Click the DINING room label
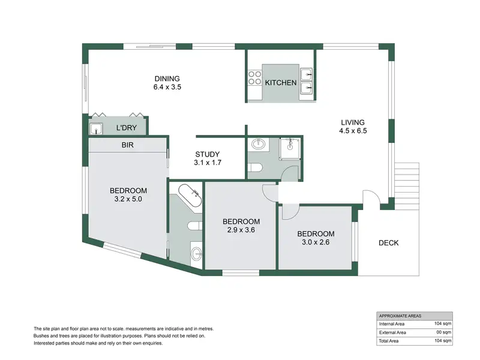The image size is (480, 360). tap(167, 79)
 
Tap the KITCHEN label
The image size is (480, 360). tap(281, 83)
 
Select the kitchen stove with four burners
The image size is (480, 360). tap(254, 78)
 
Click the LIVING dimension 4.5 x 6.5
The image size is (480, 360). tap(353, 131)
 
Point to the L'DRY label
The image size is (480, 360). tap(127, 128)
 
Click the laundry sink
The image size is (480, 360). tap(96, 128)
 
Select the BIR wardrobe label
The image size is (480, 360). tap(127, 145)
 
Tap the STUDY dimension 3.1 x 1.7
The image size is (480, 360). tap(208, 163)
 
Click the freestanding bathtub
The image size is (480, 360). tap(190, 195)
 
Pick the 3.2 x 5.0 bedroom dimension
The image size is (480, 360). tap(128, 199)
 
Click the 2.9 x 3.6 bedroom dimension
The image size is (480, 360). tap(241, 230)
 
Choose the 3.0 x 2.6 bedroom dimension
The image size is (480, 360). tap(316, 242)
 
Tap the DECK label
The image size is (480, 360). tap(389, 243)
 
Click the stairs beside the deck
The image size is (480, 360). tap(407, 186)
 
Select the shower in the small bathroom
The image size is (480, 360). tap(290, 148)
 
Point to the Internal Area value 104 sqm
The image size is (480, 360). tap(443, 323)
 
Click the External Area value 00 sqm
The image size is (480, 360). tap(444, 332)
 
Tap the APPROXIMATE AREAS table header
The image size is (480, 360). tap(400, 316)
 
